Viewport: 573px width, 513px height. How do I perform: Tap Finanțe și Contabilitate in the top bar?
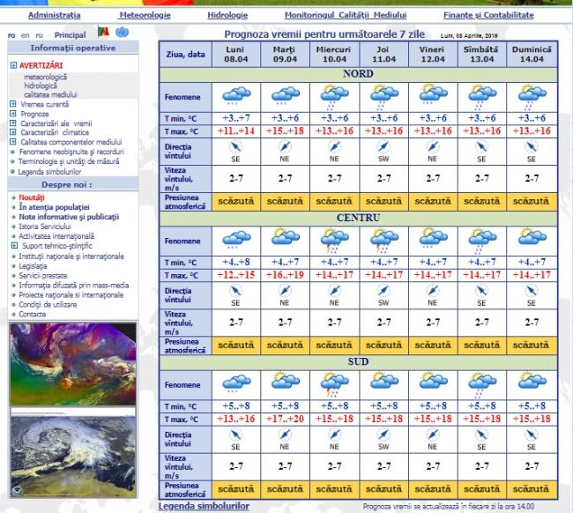(488, 15)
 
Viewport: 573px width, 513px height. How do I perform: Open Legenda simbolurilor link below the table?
(202, 506)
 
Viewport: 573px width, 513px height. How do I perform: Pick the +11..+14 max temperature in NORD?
(234, 131)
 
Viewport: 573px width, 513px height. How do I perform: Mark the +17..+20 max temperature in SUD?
(284, 418)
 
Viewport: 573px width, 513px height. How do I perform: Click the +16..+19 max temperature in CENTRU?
(284, 275)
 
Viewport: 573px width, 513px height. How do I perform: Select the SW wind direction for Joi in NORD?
(383, 160)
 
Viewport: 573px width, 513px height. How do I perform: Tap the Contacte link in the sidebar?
(33, 314)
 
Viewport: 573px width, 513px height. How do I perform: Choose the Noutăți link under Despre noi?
(32, 197)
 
